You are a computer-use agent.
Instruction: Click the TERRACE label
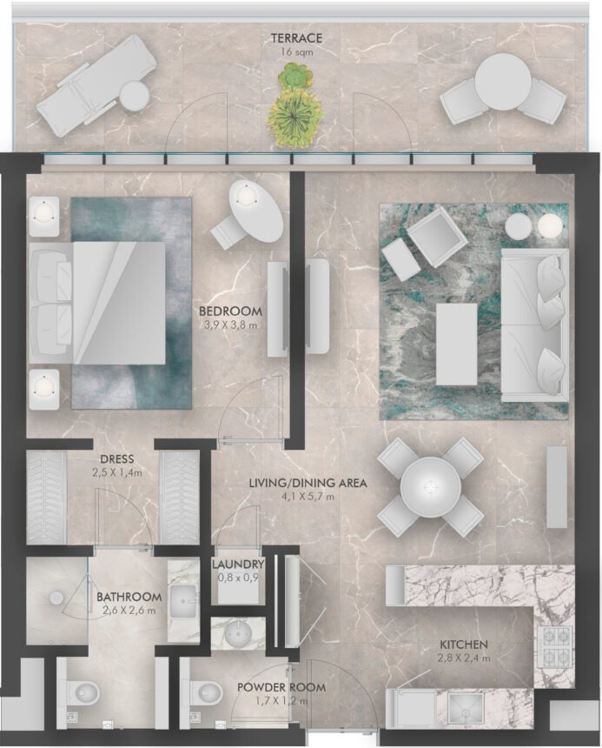coord(296,38)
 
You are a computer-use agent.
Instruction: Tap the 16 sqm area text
coord(296,52)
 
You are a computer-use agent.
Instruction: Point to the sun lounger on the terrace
coord(96,85)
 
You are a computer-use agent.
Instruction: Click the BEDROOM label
coord(230,311)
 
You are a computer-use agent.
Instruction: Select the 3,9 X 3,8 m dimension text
coord(230,326)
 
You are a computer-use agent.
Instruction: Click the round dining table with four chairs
coord(430,486)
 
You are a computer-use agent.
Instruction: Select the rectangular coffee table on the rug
coord(456,344)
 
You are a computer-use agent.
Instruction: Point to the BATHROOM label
coord(129,597)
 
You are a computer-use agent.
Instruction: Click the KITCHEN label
coord(463,644)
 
